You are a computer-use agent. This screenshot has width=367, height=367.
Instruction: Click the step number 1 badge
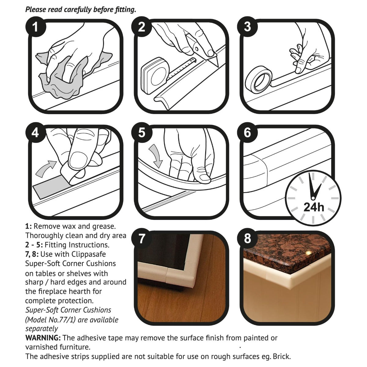35,27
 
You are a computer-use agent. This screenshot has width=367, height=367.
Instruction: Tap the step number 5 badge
142,133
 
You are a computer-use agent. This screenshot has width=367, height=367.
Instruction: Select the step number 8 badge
247,239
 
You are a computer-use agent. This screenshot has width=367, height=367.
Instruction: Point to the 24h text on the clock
314,207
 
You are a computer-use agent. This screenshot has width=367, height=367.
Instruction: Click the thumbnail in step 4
78,160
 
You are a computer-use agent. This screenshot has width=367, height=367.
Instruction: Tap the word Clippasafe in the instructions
89,254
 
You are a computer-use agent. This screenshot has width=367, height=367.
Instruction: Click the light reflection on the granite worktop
308,253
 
